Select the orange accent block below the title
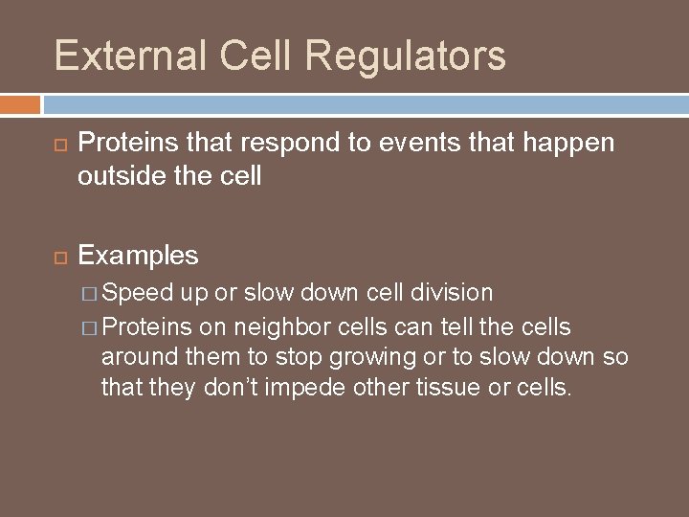coord(19,103)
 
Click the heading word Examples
coord(139,256)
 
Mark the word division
coord(448,292)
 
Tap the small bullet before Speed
coord(88,292)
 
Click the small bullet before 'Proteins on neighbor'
coord(88,326)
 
